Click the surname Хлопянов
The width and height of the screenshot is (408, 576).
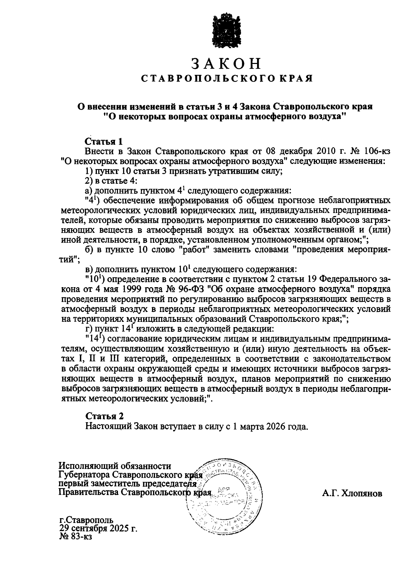tap(352, 493)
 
